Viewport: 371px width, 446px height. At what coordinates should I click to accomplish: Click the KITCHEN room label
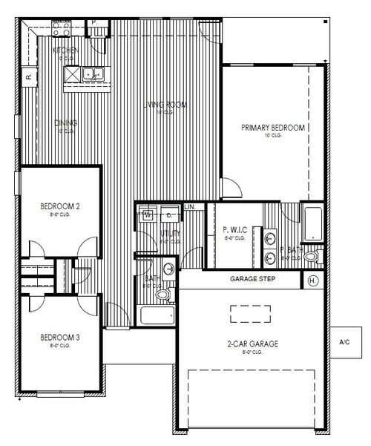click(x=65, y=50)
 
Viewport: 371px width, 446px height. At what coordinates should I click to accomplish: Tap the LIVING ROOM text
click(x=165, y=106)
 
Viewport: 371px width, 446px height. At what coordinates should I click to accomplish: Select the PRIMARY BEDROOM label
click(x=273, y=128)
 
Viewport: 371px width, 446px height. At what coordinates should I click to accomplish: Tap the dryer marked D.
click(x=168, y=215)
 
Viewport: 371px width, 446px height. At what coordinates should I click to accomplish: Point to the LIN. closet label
click(x=190, y=206)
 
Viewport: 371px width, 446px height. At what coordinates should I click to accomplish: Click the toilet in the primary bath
click(x=311, y=258)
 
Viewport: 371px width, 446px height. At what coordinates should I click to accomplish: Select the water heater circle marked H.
click(x=312, y=281)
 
